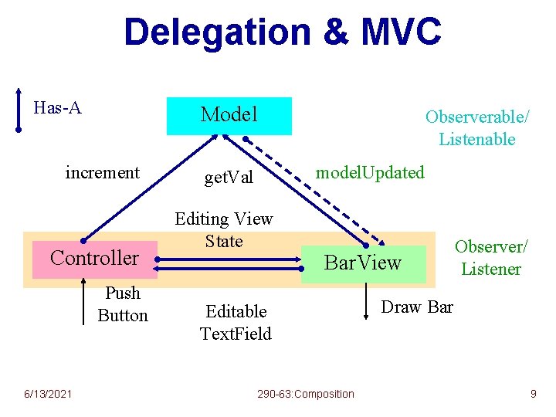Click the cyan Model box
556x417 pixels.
(229, 116)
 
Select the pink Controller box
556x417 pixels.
(94, 258)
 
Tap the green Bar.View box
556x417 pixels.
(363, 263)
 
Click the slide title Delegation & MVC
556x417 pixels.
(283, 33)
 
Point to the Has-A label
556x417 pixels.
(58, 107)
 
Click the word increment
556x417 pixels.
(103, 172)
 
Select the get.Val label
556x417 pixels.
(229, 178)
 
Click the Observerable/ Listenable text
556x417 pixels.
(477, 128)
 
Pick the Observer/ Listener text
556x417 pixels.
(491, 258)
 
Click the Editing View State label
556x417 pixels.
(224, 230)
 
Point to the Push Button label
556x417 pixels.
(123, 304)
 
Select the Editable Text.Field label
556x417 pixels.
(236, 323)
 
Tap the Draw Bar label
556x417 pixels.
(417, 307)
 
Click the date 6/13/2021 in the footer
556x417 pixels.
(48, 395)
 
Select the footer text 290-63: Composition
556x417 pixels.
(306, 395)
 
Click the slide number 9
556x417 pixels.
(533, 395)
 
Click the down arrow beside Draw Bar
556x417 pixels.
(367, 301)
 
